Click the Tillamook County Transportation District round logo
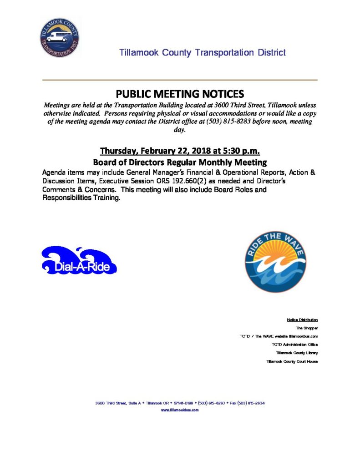tap(59, 38)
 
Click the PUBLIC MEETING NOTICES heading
tap(180, 94)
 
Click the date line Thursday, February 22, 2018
tap(180, 151)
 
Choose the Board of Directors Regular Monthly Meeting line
tap(180, 162)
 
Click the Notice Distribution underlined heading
tap(302, 319)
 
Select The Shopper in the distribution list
tap(307, 328)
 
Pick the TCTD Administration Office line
tap(294, 344)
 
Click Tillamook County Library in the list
tap(297, 353)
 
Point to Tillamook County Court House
tap(292, 361)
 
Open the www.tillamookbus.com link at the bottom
tap(180, 410)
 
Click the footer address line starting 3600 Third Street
tap(180, 403)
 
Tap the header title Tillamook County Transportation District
tap(202, 52)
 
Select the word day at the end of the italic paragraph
tap(180, 130)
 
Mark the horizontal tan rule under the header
tap(180, 80)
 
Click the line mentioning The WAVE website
tap(279, 336)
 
